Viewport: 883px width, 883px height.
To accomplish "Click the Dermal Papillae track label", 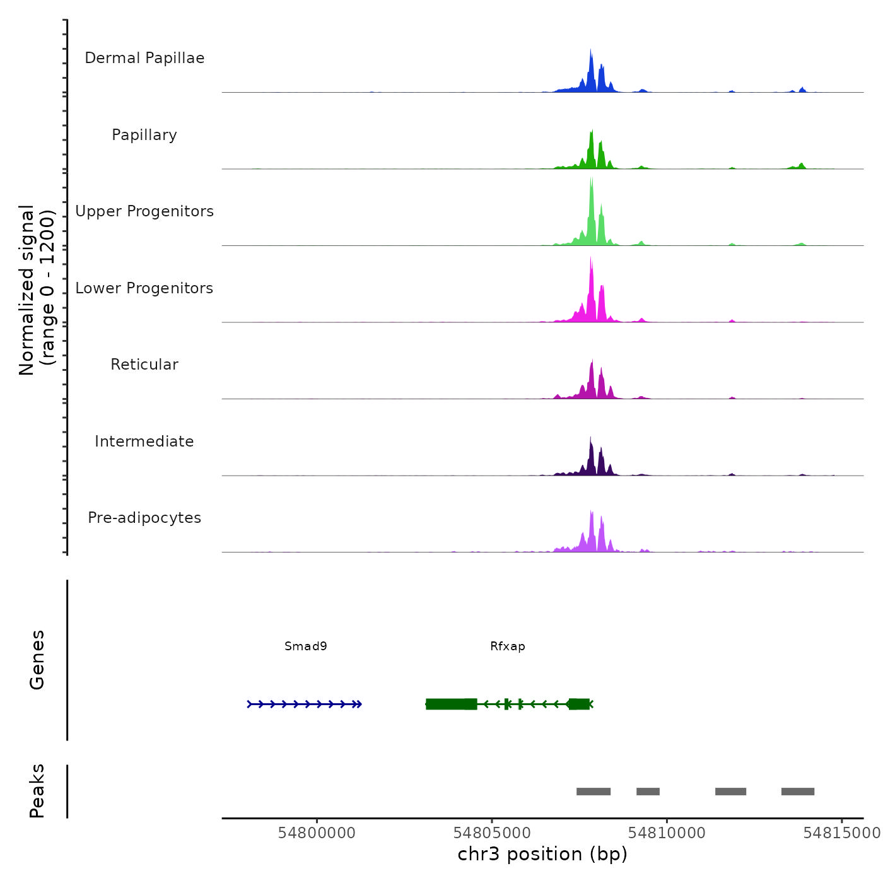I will (x=144, y=58).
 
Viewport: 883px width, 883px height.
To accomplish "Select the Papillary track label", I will (x=144, y=135).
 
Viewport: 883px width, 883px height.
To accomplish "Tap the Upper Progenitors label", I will (x=144, y=211).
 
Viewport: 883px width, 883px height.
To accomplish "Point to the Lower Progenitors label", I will (x=144, y=288).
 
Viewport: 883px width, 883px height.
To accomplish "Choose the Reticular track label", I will (x=144, y=365).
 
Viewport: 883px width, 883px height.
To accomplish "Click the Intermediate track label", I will (x=144, y=441).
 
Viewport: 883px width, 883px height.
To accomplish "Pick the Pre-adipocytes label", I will (x=144, y=518).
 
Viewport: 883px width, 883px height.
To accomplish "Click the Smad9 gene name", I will (x=306, y=646).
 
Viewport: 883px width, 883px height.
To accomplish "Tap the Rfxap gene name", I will (x=508, y=646).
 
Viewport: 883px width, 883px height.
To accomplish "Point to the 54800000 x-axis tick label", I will (x=317, y=833).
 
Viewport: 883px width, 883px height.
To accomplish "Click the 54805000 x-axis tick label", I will (x=492, y=833).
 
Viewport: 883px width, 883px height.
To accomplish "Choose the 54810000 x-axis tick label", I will (x=667, y=833).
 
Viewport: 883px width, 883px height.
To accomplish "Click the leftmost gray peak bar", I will (x=594, y=792).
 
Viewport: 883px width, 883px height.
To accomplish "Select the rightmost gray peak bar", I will (x=798, y=792).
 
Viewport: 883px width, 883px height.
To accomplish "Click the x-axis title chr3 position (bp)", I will (x=542, y=854).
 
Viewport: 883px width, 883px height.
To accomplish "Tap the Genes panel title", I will (x=37, y=660).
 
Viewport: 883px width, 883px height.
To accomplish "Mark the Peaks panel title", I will (x=37, y=791).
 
